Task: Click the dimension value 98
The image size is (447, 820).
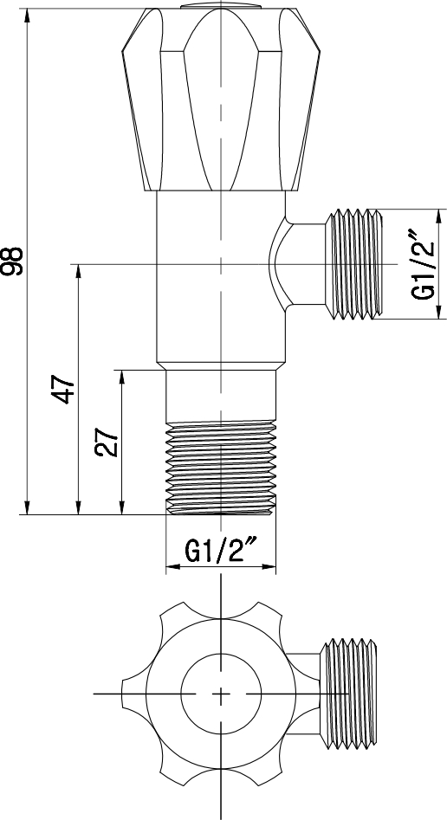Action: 13,261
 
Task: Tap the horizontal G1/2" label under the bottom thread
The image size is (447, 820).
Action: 222,550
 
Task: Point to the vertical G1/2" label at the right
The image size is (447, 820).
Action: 422,264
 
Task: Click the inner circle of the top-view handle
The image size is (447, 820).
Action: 221,694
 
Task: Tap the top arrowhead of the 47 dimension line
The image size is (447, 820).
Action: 79,269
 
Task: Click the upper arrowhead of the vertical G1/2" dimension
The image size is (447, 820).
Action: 438,214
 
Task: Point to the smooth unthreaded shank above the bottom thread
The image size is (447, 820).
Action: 223,396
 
